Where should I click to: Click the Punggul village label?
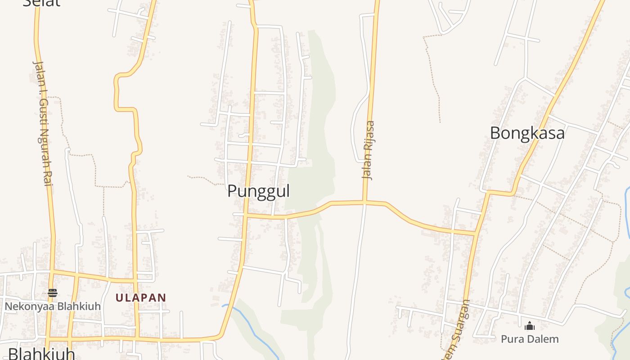258,191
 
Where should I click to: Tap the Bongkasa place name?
527,133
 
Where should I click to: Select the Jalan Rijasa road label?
369,150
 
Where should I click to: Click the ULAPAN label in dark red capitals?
141,297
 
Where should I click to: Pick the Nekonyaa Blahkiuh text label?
53,306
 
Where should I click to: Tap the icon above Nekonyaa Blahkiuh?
53,293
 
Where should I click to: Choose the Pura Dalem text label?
530,339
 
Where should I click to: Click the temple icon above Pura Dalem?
530,325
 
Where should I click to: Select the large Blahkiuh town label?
41,353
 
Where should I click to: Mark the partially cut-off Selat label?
41,3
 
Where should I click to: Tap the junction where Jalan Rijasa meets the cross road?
365,202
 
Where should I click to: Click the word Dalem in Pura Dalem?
542,339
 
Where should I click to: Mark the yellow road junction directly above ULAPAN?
135,280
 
